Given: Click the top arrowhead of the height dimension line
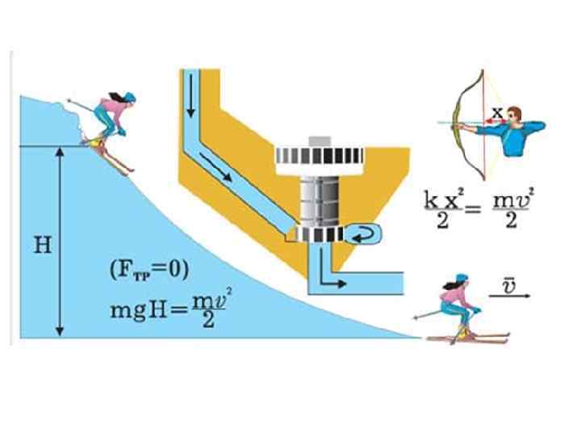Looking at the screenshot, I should tap(61, 152).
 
